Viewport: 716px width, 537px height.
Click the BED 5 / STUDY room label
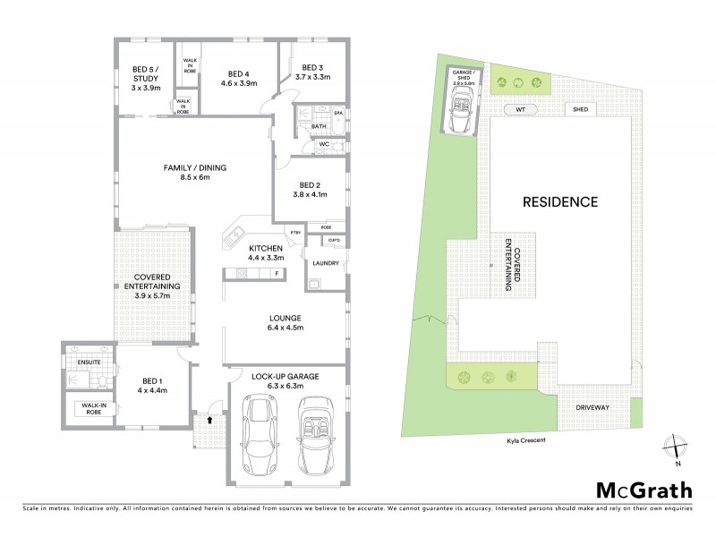[145, 78]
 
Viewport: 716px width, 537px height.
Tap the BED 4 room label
[238, 78]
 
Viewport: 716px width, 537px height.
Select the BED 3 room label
[313, 72]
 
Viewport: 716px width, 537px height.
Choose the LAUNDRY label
[327, 263]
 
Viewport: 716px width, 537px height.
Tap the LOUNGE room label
[284, 323]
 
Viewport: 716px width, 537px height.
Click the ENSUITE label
[89, 362]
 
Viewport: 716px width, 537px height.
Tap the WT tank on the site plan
[519, 109]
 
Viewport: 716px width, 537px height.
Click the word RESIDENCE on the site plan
[560, 201]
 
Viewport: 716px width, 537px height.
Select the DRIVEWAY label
[592, 408]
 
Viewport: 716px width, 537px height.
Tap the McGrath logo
[643, 490]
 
